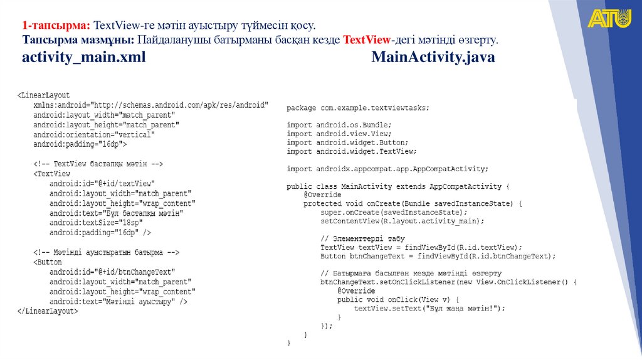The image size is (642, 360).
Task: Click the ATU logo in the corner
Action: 609,18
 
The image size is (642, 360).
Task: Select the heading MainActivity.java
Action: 433,58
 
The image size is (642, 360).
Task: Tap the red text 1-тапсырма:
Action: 57,26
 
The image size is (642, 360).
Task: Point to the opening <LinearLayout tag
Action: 43,95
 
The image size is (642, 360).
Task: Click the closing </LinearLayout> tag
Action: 47,311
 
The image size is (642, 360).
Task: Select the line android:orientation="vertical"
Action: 94,134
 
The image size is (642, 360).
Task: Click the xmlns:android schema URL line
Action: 150,105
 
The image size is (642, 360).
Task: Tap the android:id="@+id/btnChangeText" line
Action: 112,272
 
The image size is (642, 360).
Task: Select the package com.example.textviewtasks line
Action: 359,108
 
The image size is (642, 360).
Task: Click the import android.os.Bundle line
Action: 340,125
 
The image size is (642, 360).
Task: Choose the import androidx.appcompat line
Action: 387,169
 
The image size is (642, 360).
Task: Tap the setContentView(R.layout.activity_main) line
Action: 403,221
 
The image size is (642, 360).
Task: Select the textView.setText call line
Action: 429,309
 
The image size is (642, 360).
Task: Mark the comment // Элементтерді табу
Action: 362,239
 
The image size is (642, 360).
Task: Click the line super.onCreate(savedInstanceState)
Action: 394,213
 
